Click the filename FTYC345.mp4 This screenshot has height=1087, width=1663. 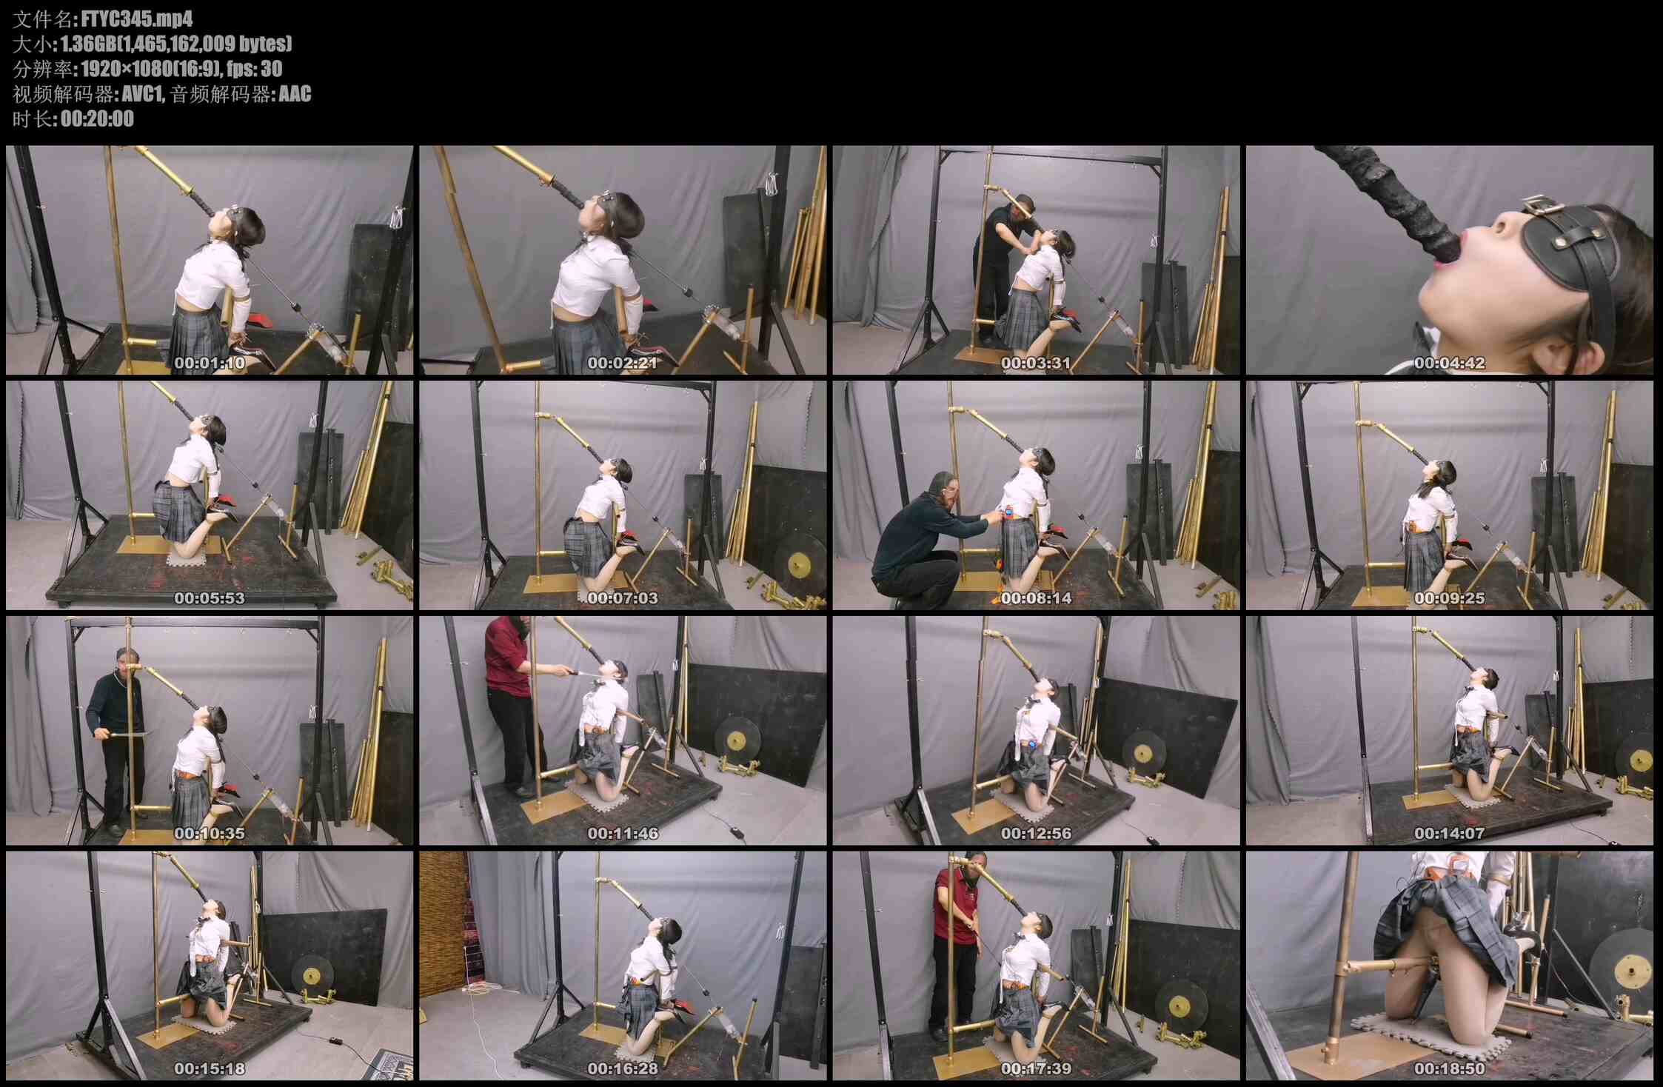137,19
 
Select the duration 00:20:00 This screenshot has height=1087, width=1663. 97,118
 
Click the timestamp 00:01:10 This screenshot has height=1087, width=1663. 210,363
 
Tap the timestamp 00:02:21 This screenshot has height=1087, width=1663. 623,363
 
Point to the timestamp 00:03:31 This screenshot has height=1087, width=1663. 1036,363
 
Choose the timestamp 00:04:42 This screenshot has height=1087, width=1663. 1449,363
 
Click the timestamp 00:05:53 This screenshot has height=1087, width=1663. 210,598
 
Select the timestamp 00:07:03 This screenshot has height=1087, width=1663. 623,598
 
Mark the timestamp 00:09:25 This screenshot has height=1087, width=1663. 1449,598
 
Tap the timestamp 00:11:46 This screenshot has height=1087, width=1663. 623,834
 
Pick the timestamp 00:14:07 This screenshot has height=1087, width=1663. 1449,834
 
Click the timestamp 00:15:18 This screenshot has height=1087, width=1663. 210,1069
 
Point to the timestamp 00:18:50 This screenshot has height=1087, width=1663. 1449,1069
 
